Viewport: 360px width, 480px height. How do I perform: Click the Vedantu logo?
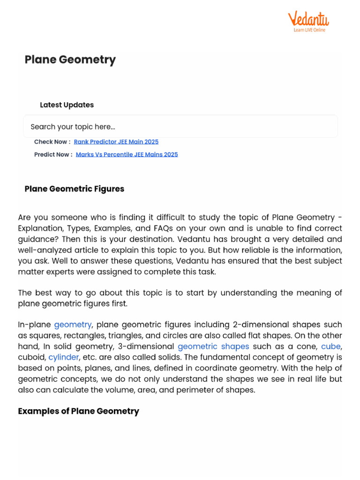pyautogui.click(x=308, y=20)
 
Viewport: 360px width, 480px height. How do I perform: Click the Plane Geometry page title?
pyautogui.click(x=70, y=60)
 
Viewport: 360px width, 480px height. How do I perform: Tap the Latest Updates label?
pyautogui.click(x=67, y=105)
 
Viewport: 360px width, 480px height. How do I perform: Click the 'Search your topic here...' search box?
pyautogui.click(x=180, y=127)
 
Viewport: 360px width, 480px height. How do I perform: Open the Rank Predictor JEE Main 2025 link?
pyautogui.click(x=116, y=142)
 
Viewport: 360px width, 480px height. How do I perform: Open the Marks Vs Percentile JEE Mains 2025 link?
pyautogui.click(x=127, y=154)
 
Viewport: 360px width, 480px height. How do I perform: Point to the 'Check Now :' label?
pyautogui.click(x=52, y=142)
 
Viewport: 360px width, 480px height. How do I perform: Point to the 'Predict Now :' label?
pyautogui.click(x=53, y=154)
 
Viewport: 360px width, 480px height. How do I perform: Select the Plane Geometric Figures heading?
pyautogui.click(x=74, y=189)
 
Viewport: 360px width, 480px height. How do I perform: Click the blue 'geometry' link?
pyautogui.click(x=73, y=324)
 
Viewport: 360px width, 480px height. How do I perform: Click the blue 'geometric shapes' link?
pyautogui.click(x=213, y=346)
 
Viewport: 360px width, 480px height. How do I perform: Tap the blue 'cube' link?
pyautogui.click(x=331, y=346)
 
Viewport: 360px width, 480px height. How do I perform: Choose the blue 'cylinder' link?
pyautogui.click(x=64, y=357)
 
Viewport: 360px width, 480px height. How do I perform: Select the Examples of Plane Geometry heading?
pyautogui.click(x=78, y=411)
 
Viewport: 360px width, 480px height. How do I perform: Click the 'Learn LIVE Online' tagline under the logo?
pyautogui.click(x=309, y=30)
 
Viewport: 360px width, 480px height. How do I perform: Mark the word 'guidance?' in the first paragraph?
pyautogui.click(x=36, y=239)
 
